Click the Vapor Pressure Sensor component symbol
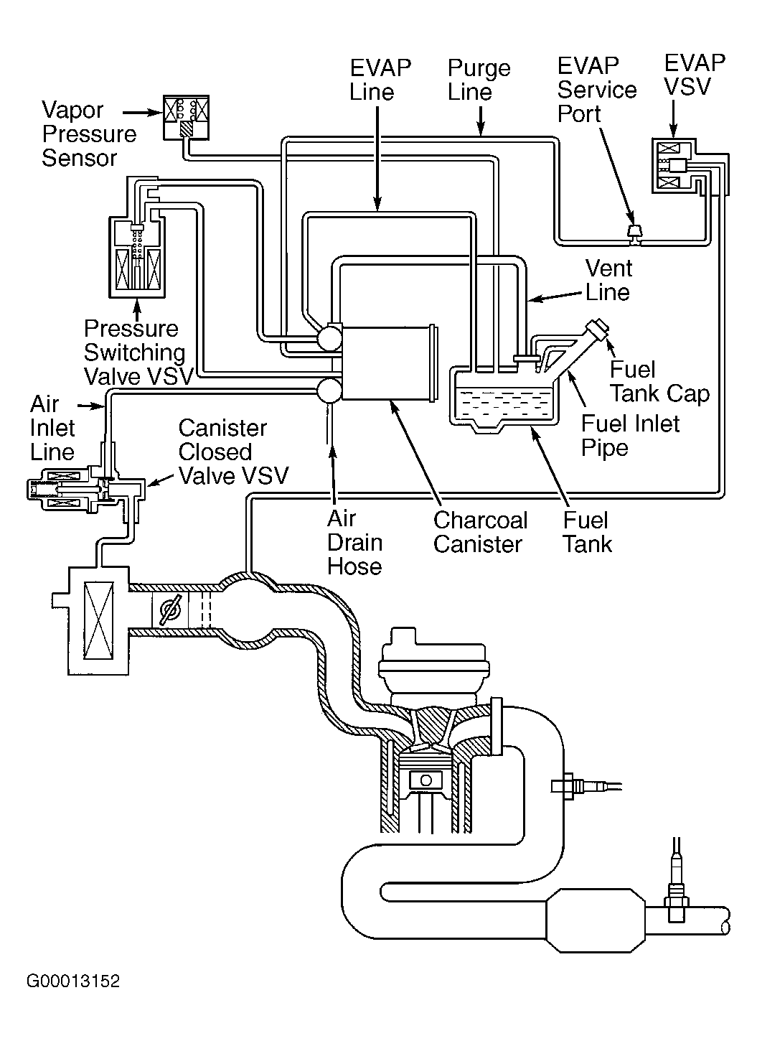pyautogui.click(x=185, y=117)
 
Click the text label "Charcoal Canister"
pyautogui.click(x=480, y=532)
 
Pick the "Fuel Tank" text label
pyautogui.click(x=586, y=532)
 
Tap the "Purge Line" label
pyautogui.click(x=479, y=80)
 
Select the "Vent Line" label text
pyautogui.click(x=608, y=280)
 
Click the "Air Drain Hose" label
pyautogui.click(x=354, y=542)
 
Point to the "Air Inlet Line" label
pyautogui.click(x=52, y=428)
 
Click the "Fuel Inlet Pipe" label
pyautogui.click(x=630, y=435)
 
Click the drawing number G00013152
pyautogui.click(x=73, y=981)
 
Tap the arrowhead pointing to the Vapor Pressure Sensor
pyautogui.click(x=153, y=112)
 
